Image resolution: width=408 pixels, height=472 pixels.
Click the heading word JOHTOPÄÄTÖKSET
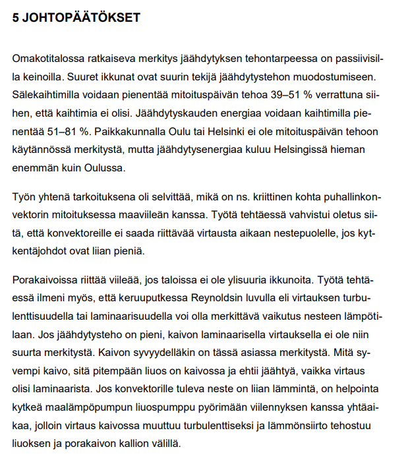pos(82,18)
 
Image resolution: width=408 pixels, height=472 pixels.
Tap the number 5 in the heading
pos(16,18)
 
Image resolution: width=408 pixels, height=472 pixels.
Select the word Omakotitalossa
pos(47,59)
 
